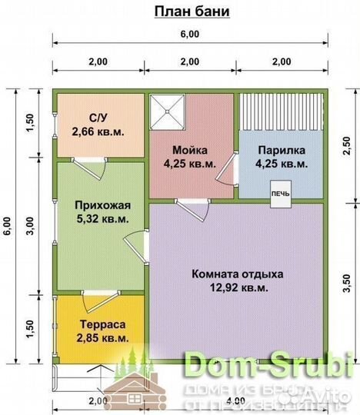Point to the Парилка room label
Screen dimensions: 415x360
coord(282,150)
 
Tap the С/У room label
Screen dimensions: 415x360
coord(98,118)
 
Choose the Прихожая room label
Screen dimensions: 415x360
coord(98,205)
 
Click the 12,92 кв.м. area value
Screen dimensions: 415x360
coord(237,287)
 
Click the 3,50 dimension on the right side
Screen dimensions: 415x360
coord(344,280)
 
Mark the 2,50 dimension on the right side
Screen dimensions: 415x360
coord(344,145)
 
